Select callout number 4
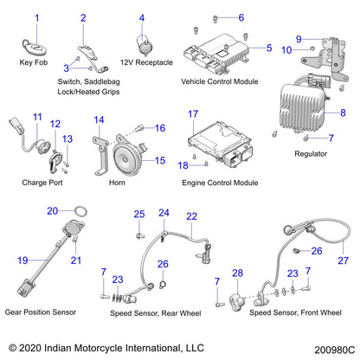(x=142, y=17)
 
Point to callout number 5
(x=269, y=48)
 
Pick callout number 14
(x=99, y=119)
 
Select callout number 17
(x=193, y=114)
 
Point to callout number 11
(x=36, y=118)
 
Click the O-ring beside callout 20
(x=78, y=210)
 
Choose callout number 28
(x=236, y=273)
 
